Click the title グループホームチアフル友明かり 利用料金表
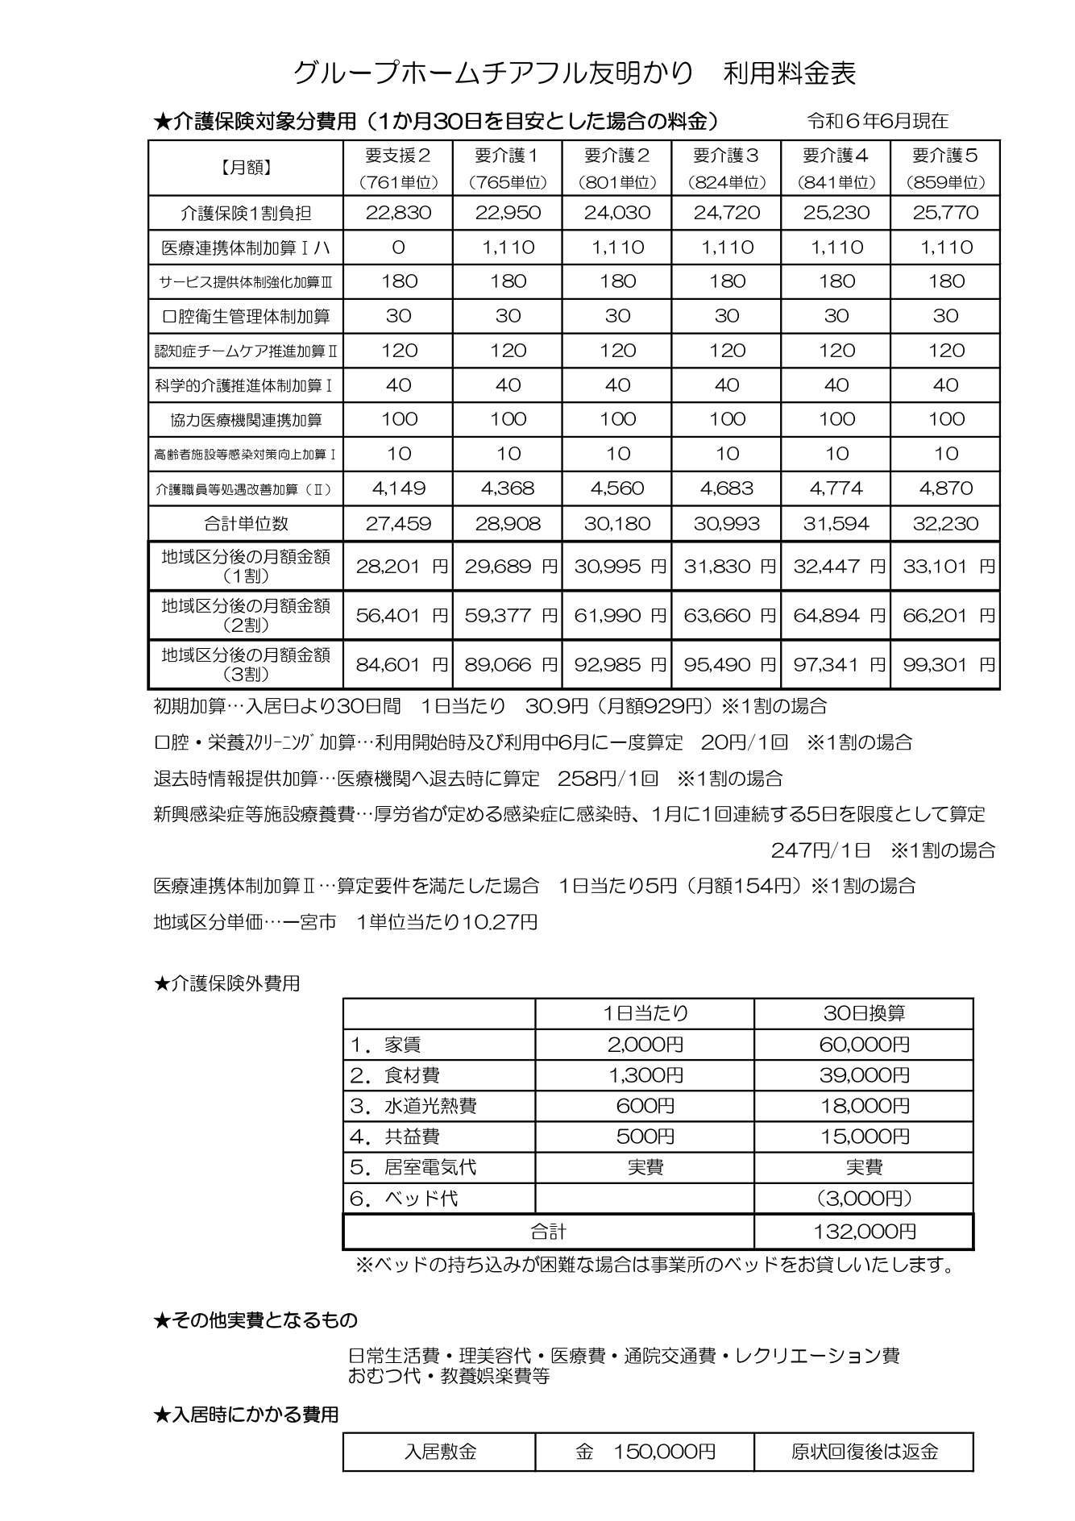click(x=574, y=73)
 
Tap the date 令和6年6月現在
click(x=878, y=122)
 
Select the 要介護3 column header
click(x=726, y=167)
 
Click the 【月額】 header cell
click(x=246, y=167)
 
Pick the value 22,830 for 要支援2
click(x=398, y=213)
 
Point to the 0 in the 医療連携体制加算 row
click(x=398, y=247)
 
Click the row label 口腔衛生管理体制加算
click(x=246, y=317)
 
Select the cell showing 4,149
click(x=398, y=488)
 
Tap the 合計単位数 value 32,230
click(x=945, y=524)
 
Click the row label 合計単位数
click(x=246, y=524)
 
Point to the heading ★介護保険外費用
click(x=226, y=983)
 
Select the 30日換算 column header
click(x=864, y=1013)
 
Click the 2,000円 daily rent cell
click(x=645, y=1045)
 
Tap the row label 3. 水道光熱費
click(x=413, y=1106)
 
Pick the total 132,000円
click(x=864, y=1232)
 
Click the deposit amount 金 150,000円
click(x=645, y=1452)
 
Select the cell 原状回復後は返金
click(x=864, y=1452)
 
